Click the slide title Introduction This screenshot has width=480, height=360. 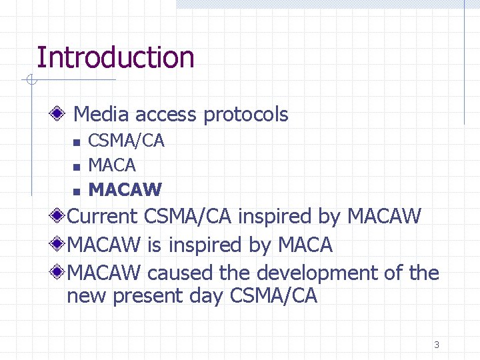(x=115, y=58)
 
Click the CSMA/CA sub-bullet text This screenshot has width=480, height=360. (x=126, y=141)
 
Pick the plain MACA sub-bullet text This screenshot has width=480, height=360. (x=112, y=165)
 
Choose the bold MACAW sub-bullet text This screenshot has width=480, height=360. (x=125, y=190)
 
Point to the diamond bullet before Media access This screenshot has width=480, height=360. (x=60, y=115)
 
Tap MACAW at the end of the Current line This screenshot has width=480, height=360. (x=385, y=217)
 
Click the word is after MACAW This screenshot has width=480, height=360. (x=154, y=245)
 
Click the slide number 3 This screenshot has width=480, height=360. (x=437, y=345)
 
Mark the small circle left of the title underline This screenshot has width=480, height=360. (x=29, y=81)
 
